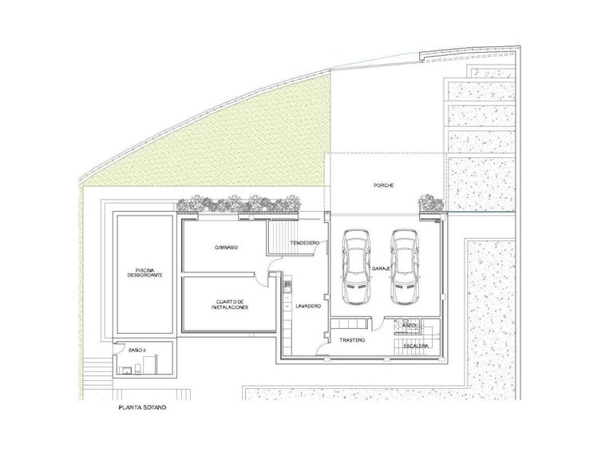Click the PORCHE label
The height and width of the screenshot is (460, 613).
[384, 185]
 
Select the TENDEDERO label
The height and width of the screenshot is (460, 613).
[305, 242]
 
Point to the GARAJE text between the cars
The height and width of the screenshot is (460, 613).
[380, 270]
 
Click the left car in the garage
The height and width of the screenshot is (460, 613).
[354, 267]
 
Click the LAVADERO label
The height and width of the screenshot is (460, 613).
[307, 307]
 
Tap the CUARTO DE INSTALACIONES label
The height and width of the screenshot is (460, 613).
[231, 304]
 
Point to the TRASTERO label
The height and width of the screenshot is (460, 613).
[351, 340]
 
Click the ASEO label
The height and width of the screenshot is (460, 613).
[409, 326]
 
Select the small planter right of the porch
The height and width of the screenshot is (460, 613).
[431, 204]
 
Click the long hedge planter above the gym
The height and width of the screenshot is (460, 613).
[239, 205]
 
